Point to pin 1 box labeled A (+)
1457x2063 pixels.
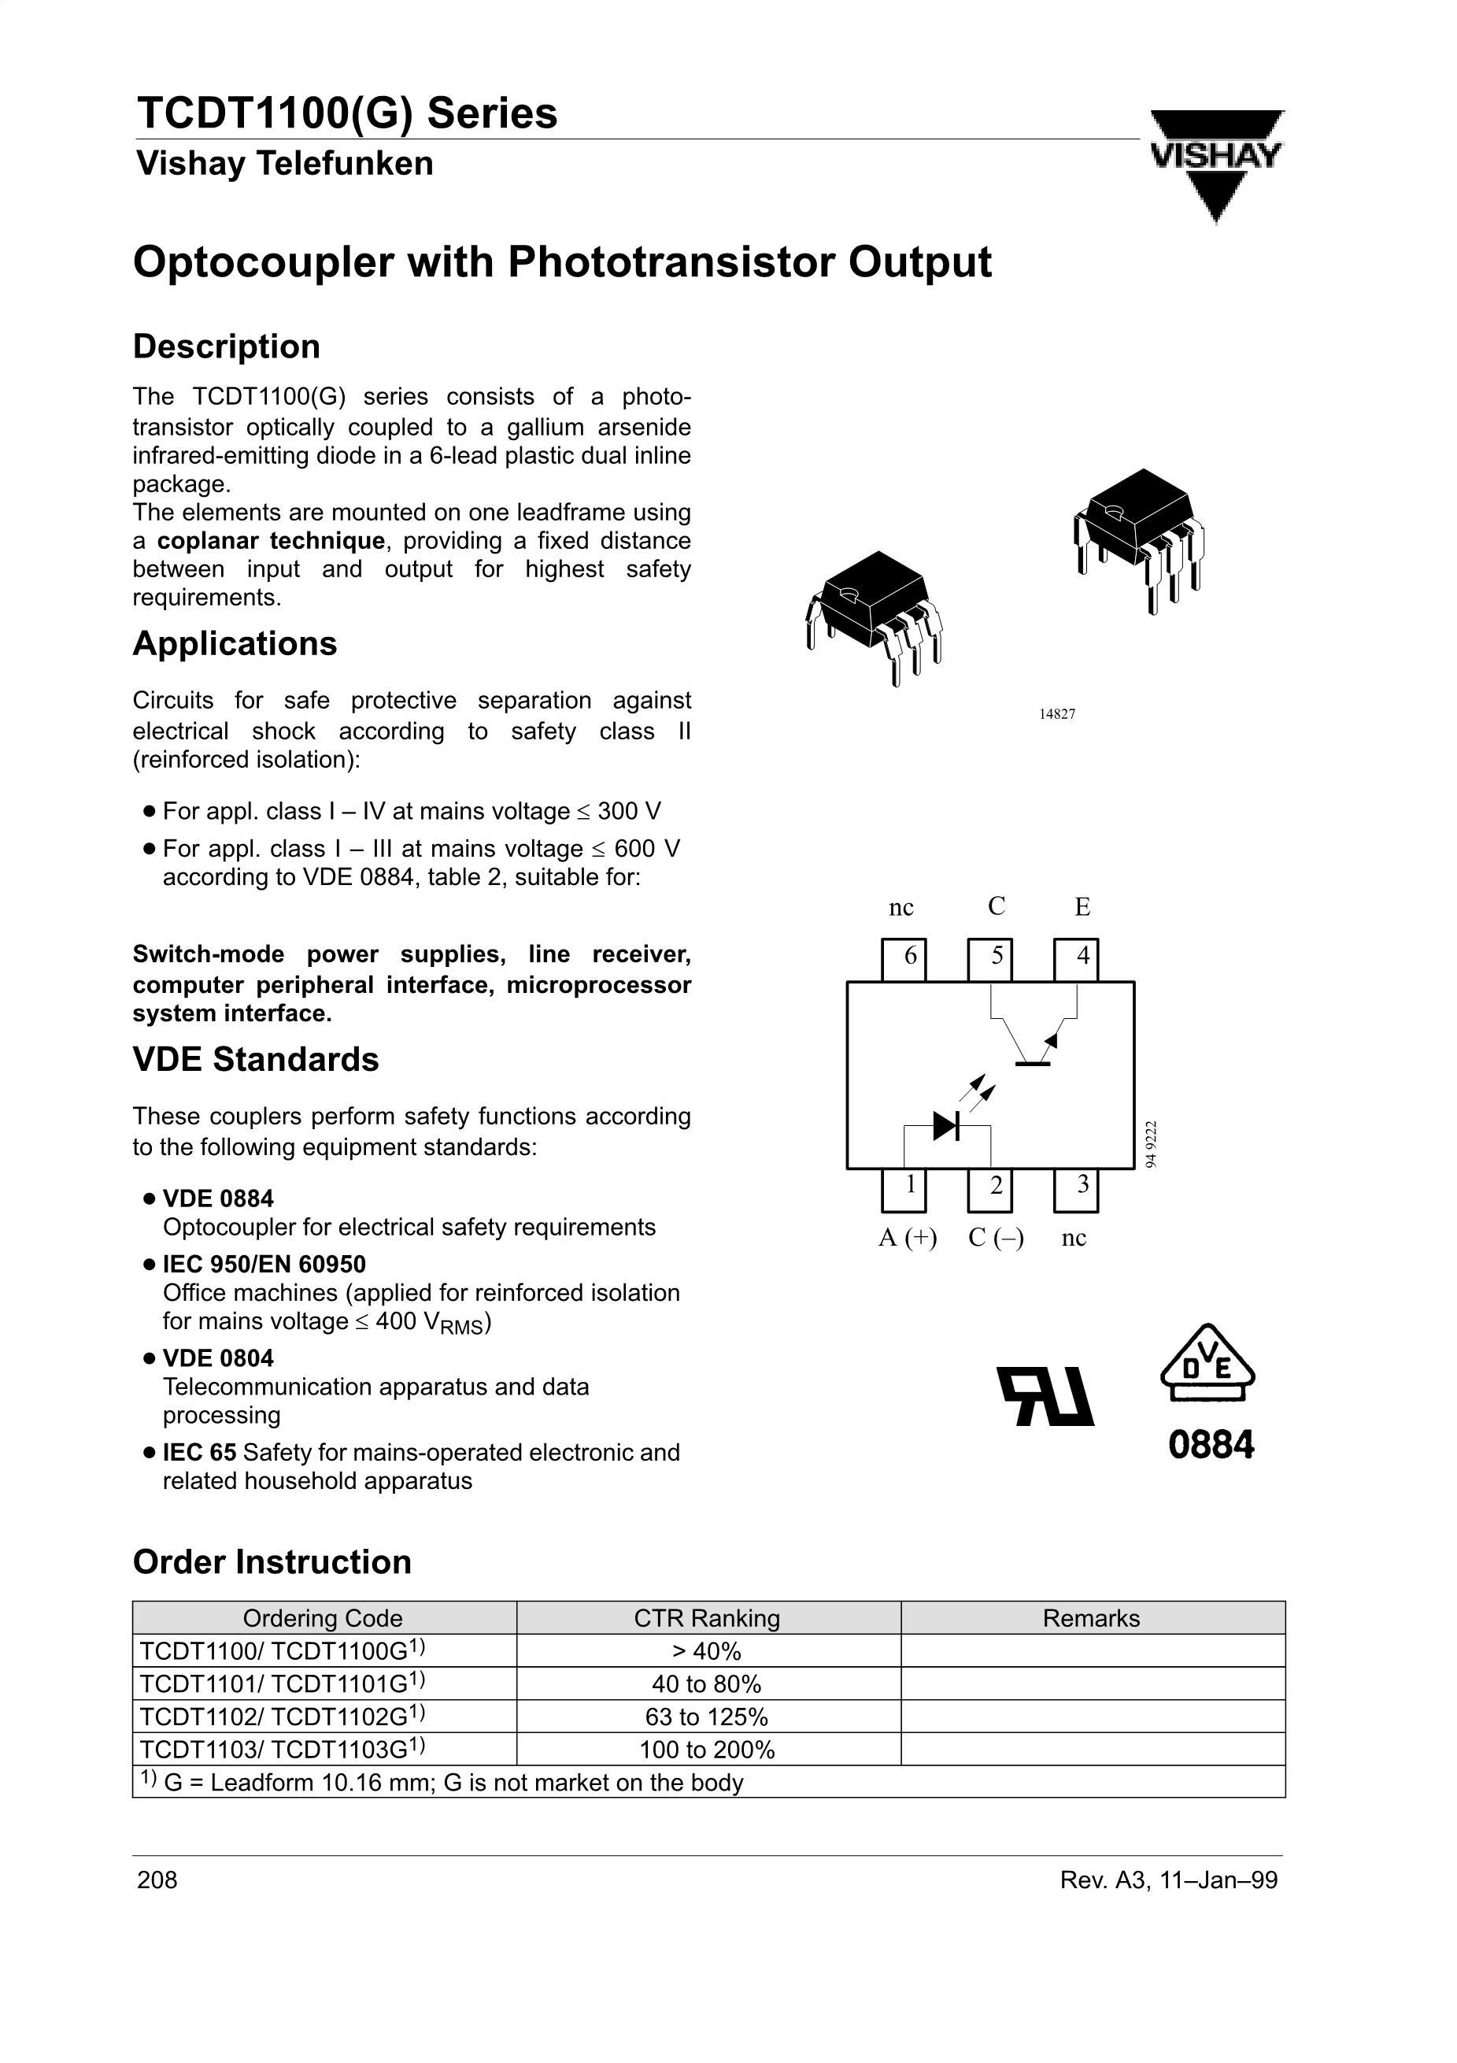coord(904,1190)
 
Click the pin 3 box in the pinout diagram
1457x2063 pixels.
coord(1075,1190)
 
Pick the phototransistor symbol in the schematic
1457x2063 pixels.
coord(1033,1043)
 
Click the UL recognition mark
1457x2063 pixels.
coord(1046,1397)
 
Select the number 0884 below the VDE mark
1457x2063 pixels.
coord(1211,1446)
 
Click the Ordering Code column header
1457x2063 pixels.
coord(323,1618)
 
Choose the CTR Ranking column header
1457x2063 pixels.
coord(707,1618)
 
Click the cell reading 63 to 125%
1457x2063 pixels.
coord(707,1717)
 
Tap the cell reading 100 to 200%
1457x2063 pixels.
coord(707,1750)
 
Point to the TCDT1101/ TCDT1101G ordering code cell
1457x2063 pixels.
coord(282,1683)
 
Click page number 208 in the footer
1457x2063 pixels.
coord(157,1880)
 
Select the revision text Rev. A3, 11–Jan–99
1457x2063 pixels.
coord(1168,1880)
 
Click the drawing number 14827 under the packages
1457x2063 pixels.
coord(1057,713)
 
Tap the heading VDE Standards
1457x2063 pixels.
coord(256,1059)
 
